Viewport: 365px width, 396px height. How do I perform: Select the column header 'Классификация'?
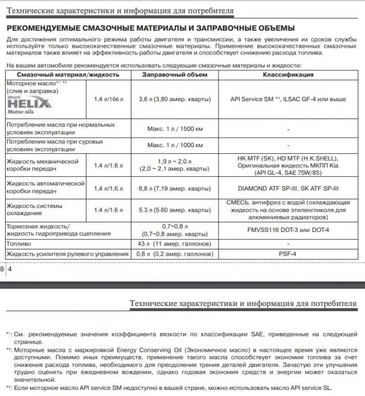click(x=288, y=75)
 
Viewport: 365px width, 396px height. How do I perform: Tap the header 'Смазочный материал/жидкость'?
click(x=68, y=75)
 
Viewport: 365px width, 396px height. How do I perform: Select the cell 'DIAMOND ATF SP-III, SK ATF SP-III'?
click(x=288, y=188)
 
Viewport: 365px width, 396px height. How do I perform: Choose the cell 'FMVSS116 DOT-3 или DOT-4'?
click(x=288, y=230)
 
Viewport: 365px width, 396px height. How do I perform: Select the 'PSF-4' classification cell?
click(x=288, y=254)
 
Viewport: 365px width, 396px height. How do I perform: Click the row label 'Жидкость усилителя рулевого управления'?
click(x=66, y=254)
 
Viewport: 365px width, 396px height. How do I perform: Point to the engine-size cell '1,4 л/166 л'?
click(x=109, y=99)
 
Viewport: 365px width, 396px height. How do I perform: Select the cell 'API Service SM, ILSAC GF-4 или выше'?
click(x=288, y=99)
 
